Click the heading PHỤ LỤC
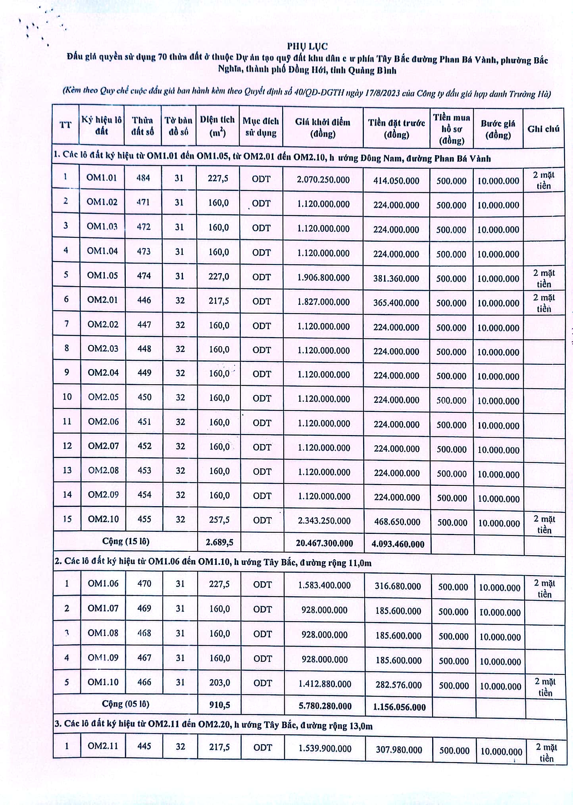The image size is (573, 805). coord(307,46)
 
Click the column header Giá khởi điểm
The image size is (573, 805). coord(323,127)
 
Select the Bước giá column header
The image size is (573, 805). coord(498,129)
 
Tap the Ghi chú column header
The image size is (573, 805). coord(543,129)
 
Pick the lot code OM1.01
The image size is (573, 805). coord(102,178)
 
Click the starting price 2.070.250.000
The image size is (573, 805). coord(323,180)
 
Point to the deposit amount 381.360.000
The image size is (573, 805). coord(396,278)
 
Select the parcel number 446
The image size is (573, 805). coord(144,300)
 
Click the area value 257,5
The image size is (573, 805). coord(219,520)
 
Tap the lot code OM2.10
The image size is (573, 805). coord(103,519)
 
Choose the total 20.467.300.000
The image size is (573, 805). coord(324,543)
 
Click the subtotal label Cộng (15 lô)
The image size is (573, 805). coord(125,541)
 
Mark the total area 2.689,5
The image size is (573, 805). coord(219,542)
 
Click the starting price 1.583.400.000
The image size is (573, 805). coord(324,585)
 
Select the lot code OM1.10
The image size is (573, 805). coord(103,682)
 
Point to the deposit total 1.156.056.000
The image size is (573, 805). coord(399,707)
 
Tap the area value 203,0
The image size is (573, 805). coord(219,683)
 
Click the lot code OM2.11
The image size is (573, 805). coord(103,746)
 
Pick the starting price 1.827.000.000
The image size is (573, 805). coord(323,302)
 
